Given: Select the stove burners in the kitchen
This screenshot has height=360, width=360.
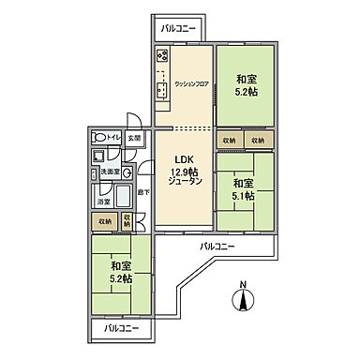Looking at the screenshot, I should tap(159, 57).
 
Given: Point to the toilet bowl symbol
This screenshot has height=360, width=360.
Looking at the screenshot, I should tap(97, 137).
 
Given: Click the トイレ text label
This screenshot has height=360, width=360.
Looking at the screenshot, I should tap(112, 138).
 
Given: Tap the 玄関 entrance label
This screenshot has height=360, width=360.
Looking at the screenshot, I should tap(134, 138).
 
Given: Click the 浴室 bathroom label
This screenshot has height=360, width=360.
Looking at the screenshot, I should tap(101, 201).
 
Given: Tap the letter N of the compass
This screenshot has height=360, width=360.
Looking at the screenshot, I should tap(244, 283).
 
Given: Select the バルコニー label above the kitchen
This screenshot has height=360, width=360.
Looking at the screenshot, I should tap(177, 29).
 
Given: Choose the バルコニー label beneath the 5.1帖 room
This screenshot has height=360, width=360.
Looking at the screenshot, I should tap(217, 247).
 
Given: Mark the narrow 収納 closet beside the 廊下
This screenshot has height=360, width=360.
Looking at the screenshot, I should tap(127, 221).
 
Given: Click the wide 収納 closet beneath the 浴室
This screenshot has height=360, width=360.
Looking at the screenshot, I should tap(102, 221).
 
